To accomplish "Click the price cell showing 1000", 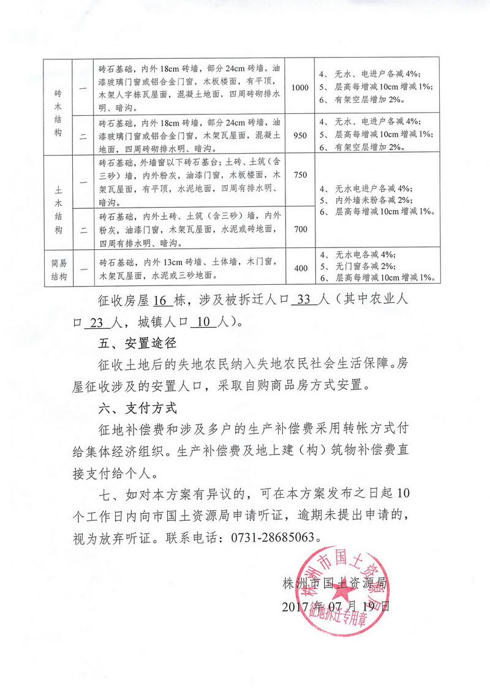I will (x=300, y=88).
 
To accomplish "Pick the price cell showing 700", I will (x=300, y=228).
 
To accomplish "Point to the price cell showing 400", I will (x=300, y=268).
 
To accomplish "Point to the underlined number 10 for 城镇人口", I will (x=204, y=322).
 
